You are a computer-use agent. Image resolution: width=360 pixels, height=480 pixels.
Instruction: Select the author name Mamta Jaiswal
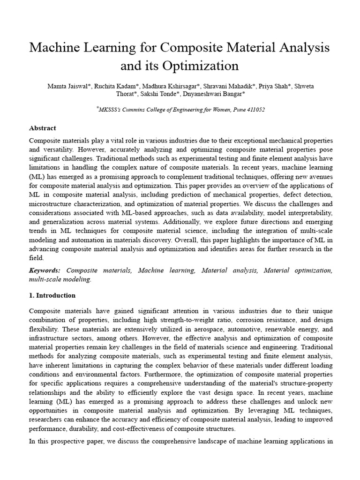[x=66, y=86]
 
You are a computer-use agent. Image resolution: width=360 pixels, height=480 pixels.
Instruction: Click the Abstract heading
[x=43, y=128]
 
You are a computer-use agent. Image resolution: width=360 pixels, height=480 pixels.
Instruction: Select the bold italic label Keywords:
[x=45, y=270]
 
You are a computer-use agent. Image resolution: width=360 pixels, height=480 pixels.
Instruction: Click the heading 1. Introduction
[x=52, y=295]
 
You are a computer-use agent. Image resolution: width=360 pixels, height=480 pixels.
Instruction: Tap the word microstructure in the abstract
[x=53, y=204]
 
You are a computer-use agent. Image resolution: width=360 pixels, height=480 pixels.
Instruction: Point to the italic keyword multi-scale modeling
[x=60, y=279]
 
